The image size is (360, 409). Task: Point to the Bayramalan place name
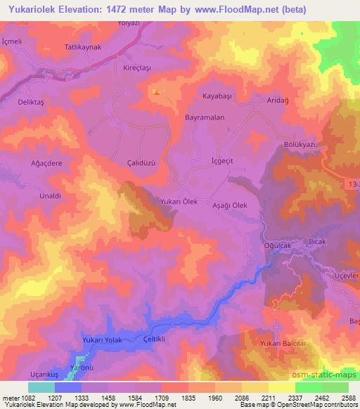pyautogui.click(x=205, y=118)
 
